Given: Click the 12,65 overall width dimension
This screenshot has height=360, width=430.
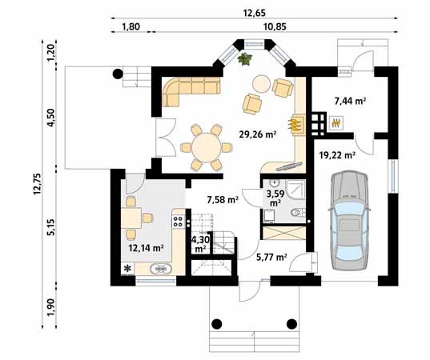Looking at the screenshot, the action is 254,13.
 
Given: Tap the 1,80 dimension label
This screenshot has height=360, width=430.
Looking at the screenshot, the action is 131,26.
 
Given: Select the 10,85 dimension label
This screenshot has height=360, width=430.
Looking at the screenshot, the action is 275,26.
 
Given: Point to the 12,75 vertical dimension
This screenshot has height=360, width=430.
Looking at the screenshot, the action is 37,184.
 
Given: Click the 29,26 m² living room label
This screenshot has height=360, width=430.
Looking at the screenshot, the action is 258,134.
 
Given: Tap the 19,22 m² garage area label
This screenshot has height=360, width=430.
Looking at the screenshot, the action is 338,155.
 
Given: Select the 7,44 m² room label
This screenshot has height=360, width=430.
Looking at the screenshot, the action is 351,101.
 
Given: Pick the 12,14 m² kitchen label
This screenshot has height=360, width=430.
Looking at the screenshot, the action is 147,248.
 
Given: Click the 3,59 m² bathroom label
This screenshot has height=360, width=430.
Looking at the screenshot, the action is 275,198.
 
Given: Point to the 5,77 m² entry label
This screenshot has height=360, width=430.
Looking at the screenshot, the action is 271,257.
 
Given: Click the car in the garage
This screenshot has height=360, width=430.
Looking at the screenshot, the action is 349,220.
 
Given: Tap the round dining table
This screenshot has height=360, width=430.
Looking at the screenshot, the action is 207,147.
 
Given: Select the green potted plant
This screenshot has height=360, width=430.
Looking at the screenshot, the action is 244,58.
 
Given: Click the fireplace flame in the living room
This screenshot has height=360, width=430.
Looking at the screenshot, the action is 295,125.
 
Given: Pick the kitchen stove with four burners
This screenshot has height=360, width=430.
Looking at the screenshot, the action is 178,222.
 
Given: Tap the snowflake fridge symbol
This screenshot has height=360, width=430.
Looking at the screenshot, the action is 127,269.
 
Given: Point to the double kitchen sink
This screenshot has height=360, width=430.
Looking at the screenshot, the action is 161,269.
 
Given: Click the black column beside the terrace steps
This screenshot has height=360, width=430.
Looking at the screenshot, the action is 118,74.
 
